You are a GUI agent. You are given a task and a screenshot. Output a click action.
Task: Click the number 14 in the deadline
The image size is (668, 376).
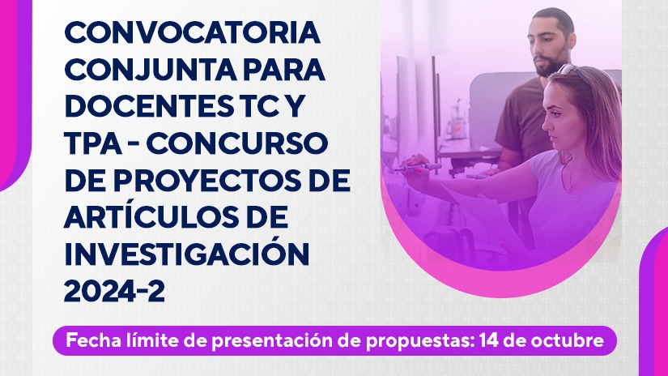(487, 340)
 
